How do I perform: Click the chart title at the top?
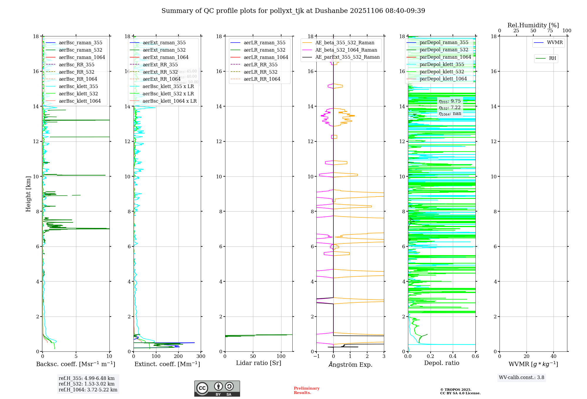[x=293, y=11]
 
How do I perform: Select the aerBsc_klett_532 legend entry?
[x=78, y=94]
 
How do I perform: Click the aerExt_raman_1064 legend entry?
[x=166, y=58]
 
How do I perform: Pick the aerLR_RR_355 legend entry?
[x=260, y=65]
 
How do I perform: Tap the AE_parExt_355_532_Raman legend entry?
[x=347, y=57]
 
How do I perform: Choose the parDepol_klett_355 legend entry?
[x=442, y=65]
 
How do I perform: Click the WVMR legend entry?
[x=555, y=43]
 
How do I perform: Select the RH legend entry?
[x=552, y=58]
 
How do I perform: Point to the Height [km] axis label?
[x=28, y=194]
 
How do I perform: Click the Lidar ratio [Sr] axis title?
[x=259, y=363]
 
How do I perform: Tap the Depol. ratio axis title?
[x=441, y=363]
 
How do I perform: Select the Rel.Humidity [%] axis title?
[x=533, y=25]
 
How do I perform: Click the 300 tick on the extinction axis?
[x=201, y=356]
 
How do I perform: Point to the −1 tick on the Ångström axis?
[x=316, y=356]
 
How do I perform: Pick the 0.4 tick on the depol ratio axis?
[x=453, y=356]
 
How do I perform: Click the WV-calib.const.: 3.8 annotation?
[x=521, y=378]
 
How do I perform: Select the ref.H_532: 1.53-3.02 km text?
[x=87, y=384]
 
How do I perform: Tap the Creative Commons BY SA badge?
[x=217, y=389]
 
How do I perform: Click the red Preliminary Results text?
[x=306, y=390]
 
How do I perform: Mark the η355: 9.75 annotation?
[x=450, y=102]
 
